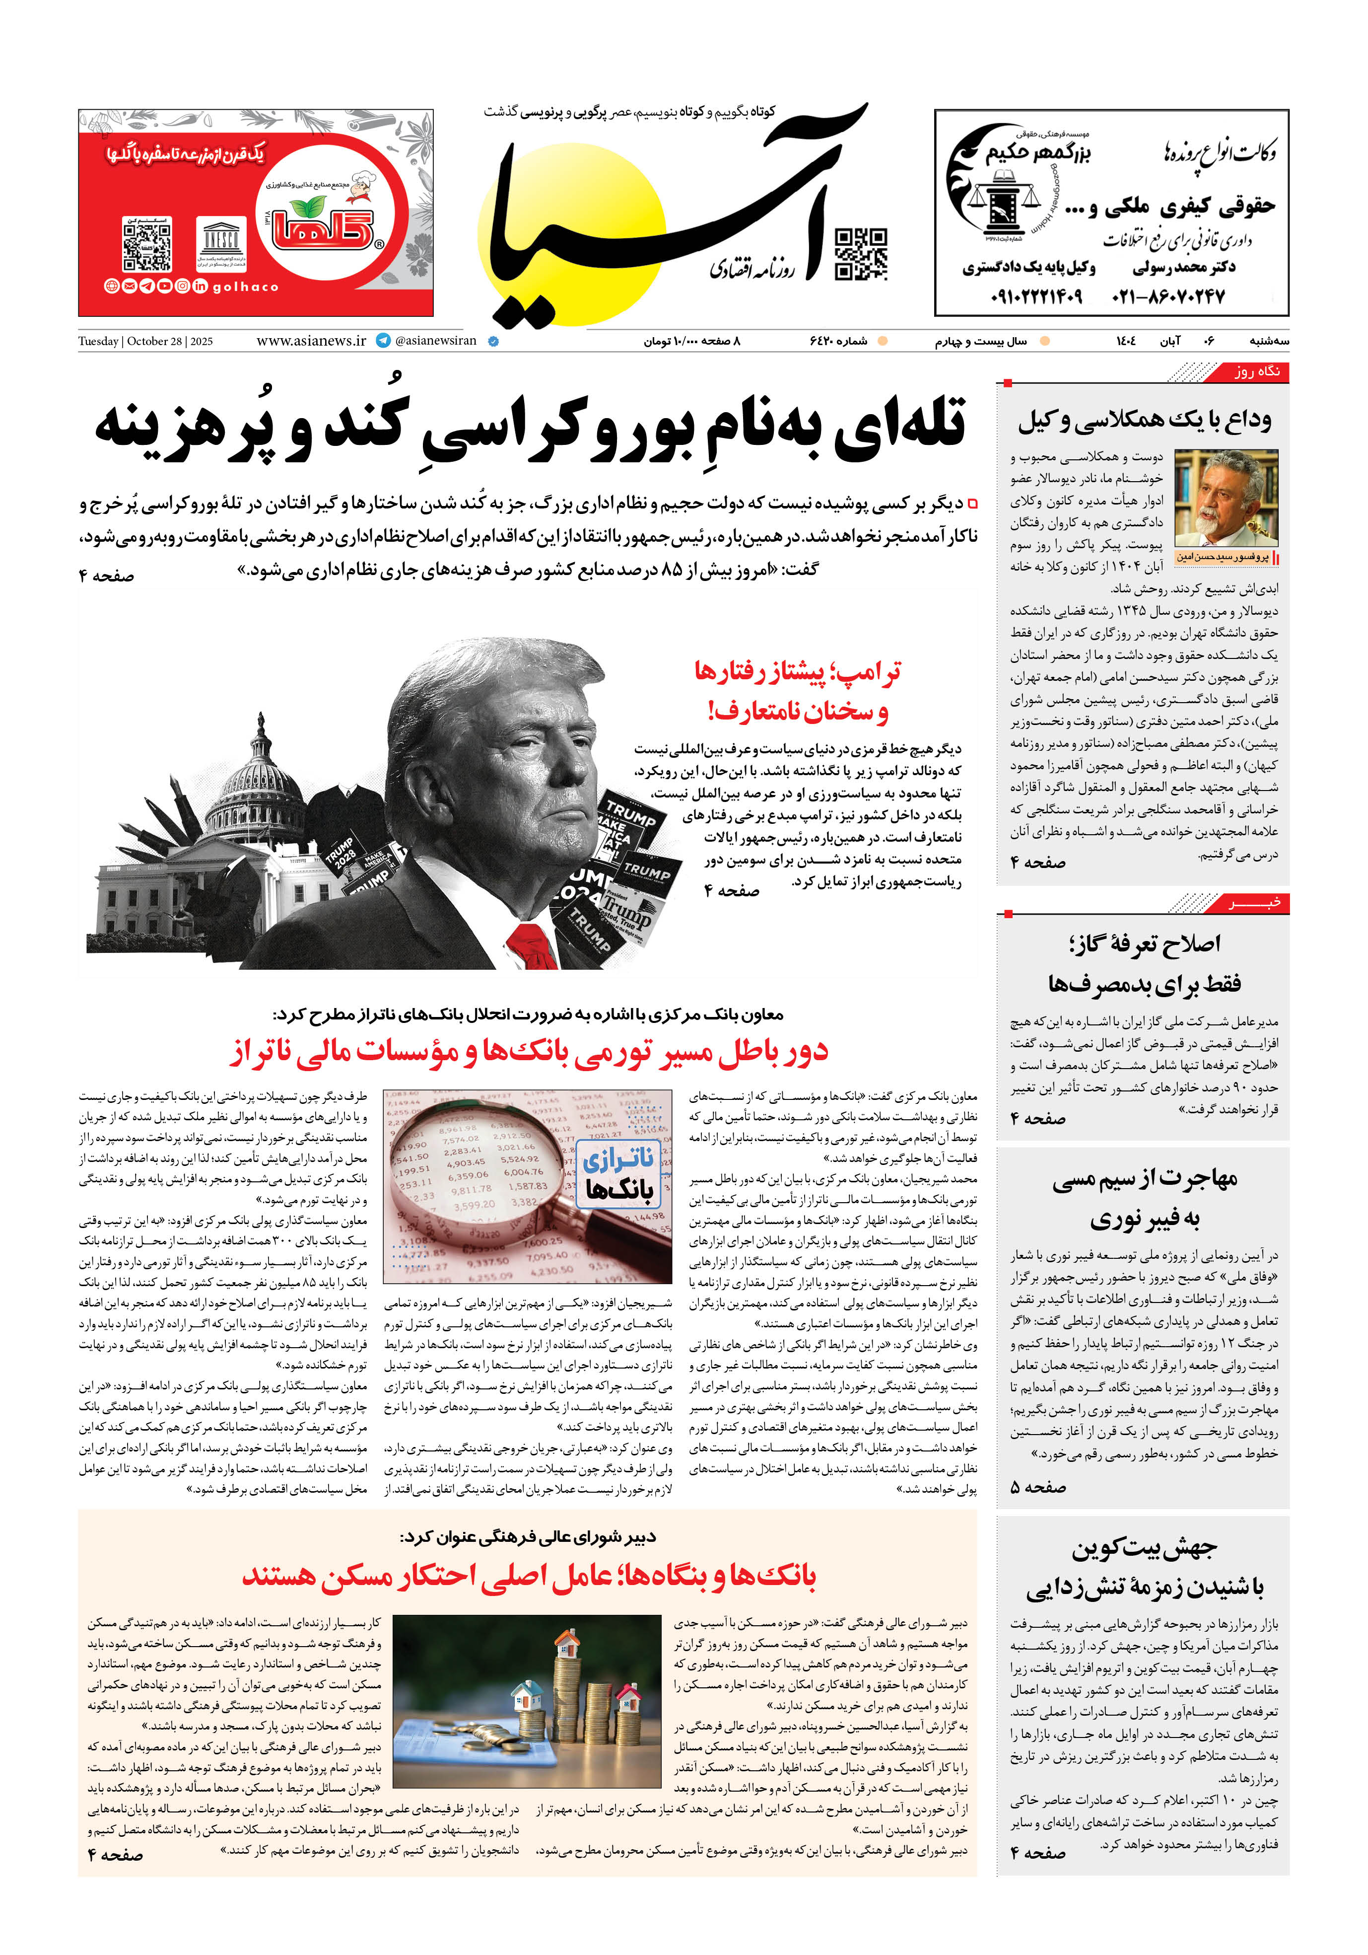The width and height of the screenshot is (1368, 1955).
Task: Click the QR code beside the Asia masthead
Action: [861, 254]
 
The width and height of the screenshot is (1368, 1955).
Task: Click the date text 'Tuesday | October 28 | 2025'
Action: [145, 342]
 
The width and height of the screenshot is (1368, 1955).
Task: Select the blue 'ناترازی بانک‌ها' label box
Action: [619, 1173]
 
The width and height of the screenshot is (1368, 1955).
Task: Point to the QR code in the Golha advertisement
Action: [148, 244]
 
